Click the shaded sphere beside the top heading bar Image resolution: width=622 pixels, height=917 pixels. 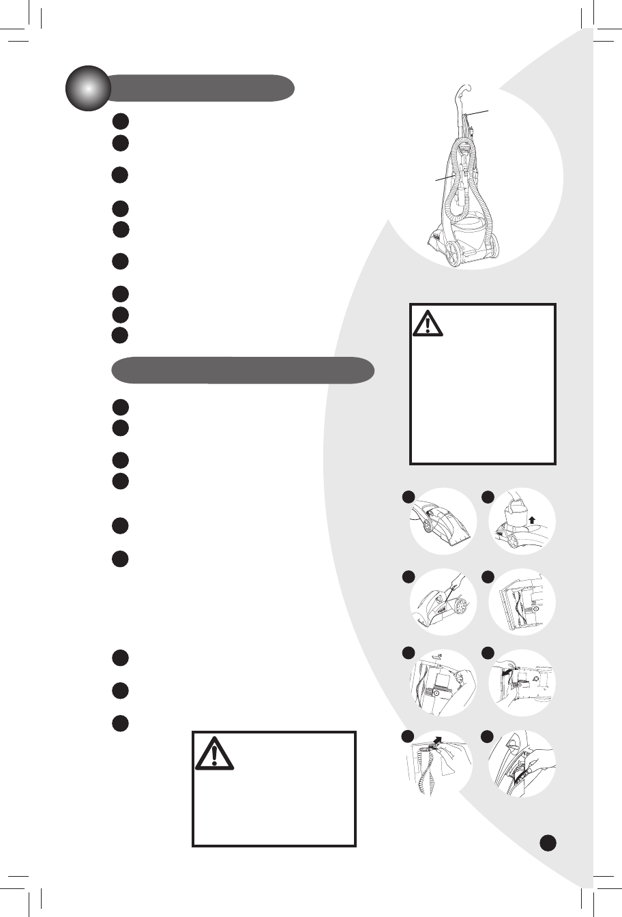pyautogui.click(x=88, y=89)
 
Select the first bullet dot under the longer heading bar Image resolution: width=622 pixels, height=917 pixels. pyautogui.click(x=121, y=408)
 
